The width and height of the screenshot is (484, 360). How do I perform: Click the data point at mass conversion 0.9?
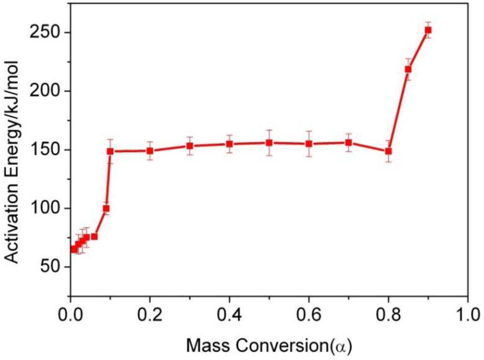[428, 30]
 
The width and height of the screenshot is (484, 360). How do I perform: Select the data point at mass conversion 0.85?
[408, 69]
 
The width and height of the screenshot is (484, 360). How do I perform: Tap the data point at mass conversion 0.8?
[388, 151]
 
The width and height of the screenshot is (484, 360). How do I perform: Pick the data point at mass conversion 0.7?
[348, 143]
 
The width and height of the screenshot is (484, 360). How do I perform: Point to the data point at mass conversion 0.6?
[309, 144]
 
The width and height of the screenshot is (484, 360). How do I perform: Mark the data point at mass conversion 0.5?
[269, 143]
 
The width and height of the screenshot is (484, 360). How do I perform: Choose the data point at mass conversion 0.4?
[229, 144]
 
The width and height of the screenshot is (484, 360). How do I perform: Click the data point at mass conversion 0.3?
[190, 146]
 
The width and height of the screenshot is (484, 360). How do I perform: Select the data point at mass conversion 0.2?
[150, 150]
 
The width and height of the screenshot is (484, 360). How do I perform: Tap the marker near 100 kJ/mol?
[106, 209]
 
